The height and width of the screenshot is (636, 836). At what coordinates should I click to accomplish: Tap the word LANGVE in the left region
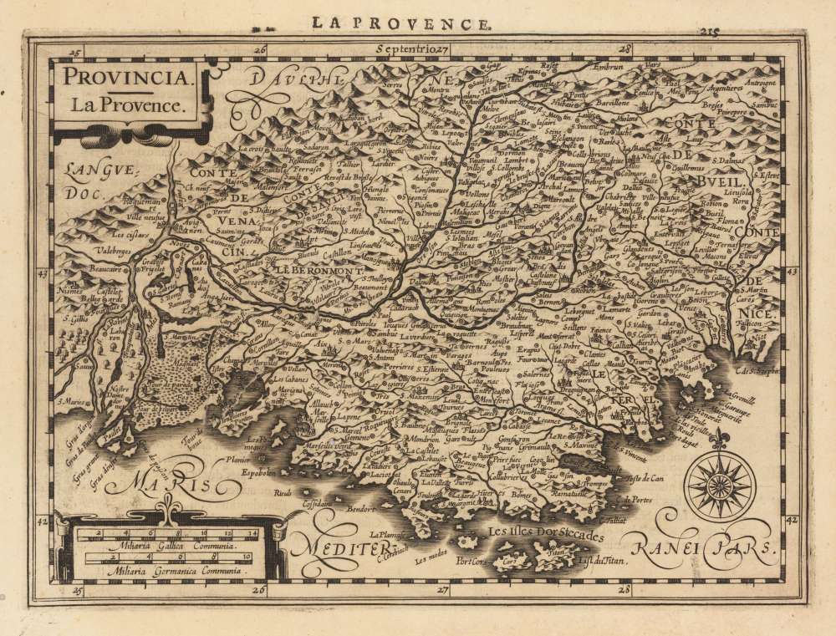coord(87,170)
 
